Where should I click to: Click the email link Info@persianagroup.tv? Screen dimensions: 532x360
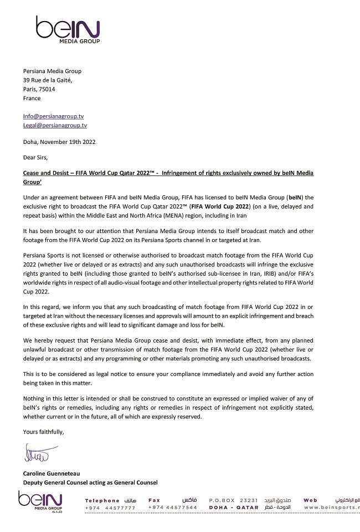point(53,117)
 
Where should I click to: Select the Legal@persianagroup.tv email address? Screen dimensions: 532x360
point(55,126)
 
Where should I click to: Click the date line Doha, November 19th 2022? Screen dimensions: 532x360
point(59,142)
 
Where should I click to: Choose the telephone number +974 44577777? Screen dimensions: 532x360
point(110,508)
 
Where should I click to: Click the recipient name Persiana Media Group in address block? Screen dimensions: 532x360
point(52,71)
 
